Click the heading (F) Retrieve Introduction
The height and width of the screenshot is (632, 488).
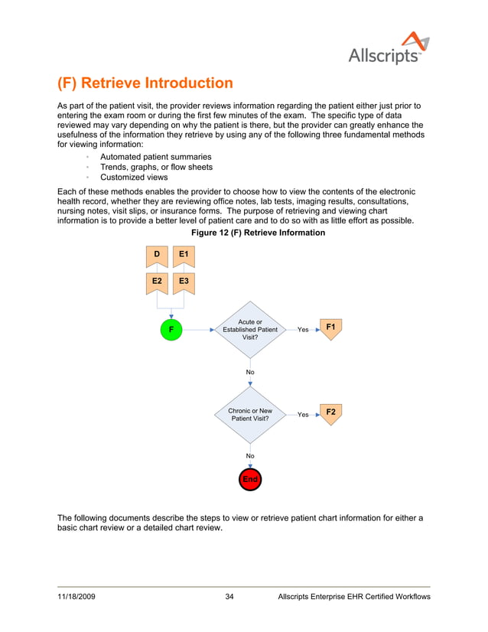point(145,83)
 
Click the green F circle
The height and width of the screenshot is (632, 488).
point(171,330)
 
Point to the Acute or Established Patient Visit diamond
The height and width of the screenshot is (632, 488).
point(250,330)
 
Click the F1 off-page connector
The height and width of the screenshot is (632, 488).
point(330,329)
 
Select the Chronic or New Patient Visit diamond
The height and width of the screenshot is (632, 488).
point(250,415)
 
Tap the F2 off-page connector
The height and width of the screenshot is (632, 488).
point(330,413)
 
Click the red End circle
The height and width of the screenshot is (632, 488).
point(250,479)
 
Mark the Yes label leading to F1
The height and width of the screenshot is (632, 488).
point(303,330)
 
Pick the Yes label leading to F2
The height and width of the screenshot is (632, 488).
point(303,415)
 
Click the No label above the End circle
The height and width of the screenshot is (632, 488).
point(250,456)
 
